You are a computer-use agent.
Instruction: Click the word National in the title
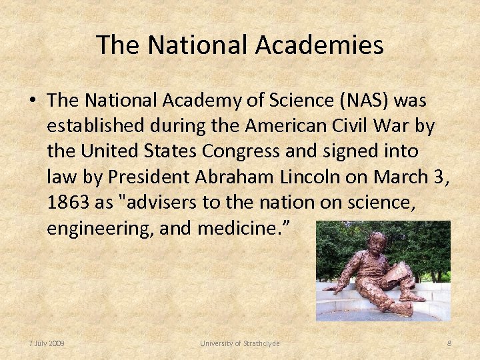coord(199,45)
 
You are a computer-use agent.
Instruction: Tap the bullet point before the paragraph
coord(32,101)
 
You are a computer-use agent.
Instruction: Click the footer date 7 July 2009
coord(47,343)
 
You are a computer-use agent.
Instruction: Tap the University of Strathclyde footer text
coord(240,343)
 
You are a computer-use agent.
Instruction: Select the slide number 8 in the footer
coord(449,343)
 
